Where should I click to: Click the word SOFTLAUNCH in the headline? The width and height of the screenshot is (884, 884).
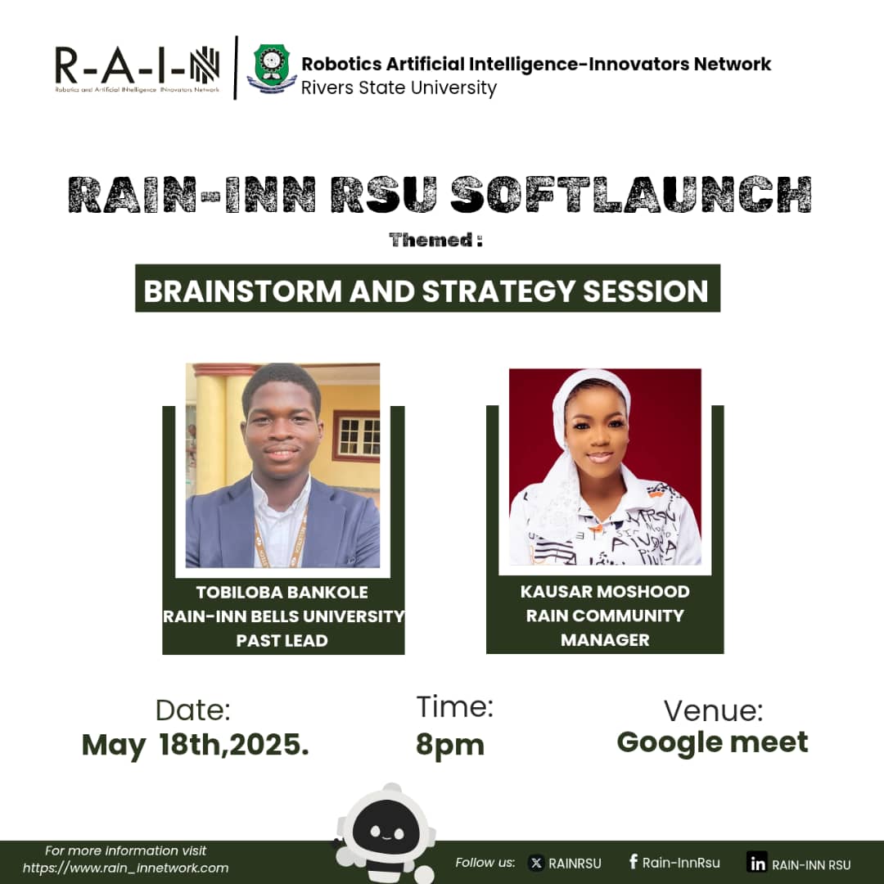pos(630,195)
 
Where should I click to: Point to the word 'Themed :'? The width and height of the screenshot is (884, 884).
pos(435,241)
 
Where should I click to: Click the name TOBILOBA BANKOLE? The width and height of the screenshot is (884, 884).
pos(282,592)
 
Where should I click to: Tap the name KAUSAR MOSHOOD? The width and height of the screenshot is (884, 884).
pos(605,591)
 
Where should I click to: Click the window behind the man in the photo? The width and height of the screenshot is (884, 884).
pos(357,436)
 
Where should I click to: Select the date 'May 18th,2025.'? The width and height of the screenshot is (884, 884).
pos(195,746)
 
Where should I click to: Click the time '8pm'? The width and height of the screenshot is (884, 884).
pos(449,745)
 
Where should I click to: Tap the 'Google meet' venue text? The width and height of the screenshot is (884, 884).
pos(712,742)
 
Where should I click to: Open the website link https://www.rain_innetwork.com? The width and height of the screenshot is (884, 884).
pos(125,868)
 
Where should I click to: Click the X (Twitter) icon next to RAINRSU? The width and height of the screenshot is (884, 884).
pos(536,863)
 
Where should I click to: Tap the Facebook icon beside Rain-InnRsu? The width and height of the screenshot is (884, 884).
pos(633,861)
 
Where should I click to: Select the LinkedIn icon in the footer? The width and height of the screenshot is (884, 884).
pos(757,863)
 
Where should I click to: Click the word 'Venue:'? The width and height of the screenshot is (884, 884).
pos(713,710)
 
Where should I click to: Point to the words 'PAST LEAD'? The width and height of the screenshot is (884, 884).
pos(282,640)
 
